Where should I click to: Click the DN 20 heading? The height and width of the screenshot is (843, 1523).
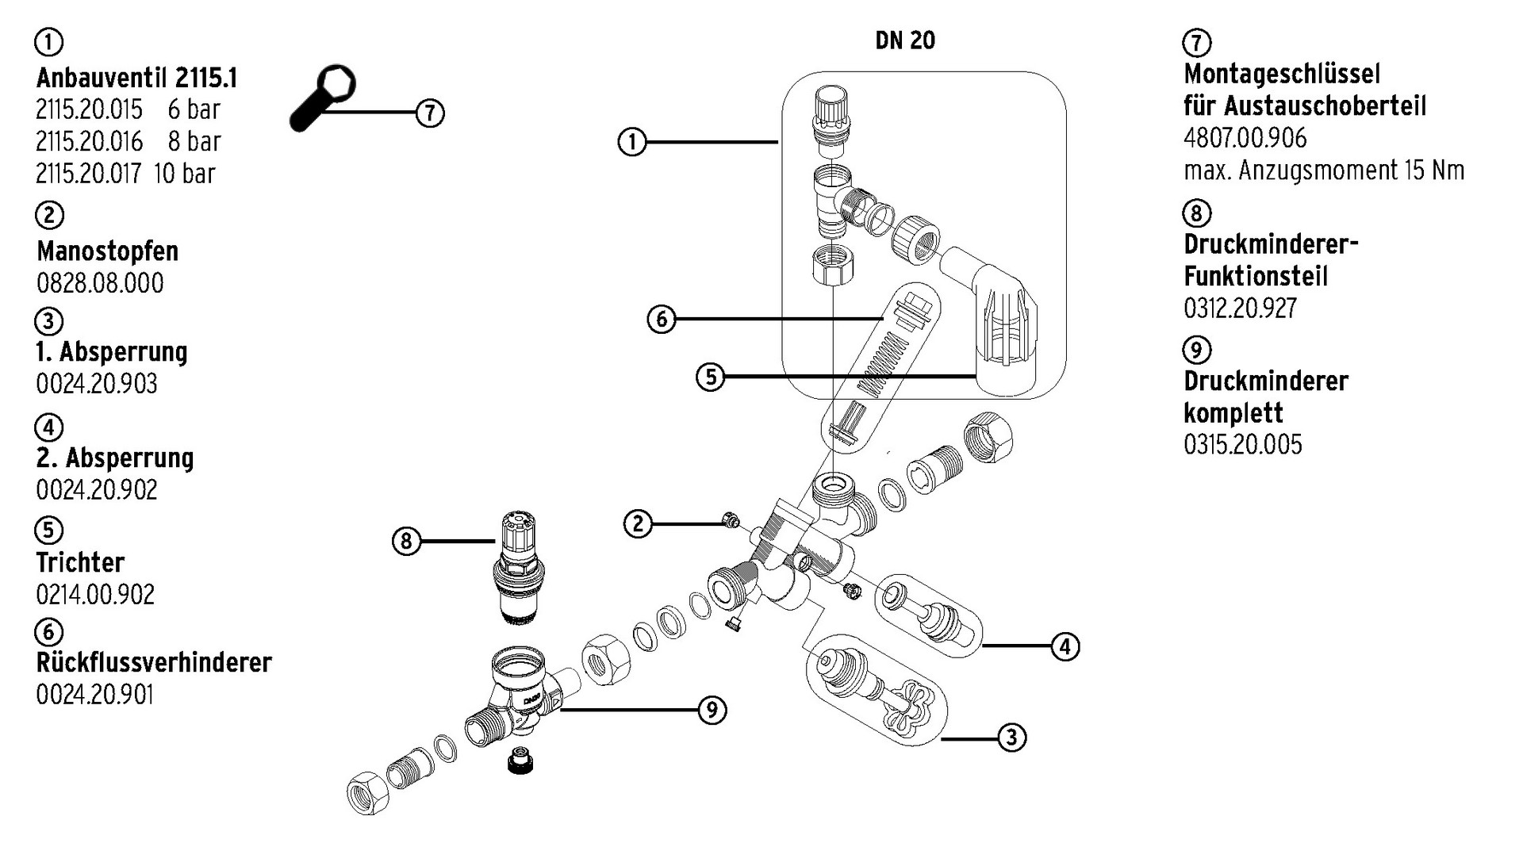(x=905, y=40)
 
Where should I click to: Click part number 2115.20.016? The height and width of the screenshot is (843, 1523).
(x=89, y=142)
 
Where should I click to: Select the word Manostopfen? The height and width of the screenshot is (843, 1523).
(x=107, y=251)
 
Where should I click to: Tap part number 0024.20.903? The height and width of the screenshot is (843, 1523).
(x=97, y=384)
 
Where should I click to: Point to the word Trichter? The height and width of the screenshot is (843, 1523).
(x=80, y=563)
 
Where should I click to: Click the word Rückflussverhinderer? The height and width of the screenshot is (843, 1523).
(x=154, y=662)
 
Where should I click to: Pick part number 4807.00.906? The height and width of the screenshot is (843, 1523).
(x=1245, y=138)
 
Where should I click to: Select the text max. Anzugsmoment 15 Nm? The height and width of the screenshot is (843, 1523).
(x=1323, y=171)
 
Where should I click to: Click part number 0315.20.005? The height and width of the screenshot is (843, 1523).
(x=1242, y=444)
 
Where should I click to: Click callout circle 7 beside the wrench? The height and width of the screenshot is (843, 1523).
(x=429, y=113)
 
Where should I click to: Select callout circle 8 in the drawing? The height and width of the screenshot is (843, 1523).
(x=406, y=542)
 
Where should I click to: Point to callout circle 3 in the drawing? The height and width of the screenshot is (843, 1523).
(x=1011, y=738)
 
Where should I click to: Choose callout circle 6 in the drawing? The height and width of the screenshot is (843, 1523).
(x=662, y=320)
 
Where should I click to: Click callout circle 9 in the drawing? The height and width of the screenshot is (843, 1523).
(x=712, y=710)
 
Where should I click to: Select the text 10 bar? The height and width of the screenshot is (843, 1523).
(x=184, y=174)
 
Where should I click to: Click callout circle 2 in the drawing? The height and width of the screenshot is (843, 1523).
(x=639, y=523)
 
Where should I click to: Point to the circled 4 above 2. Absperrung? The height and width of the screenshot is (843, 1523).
(x=48, y=427)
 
